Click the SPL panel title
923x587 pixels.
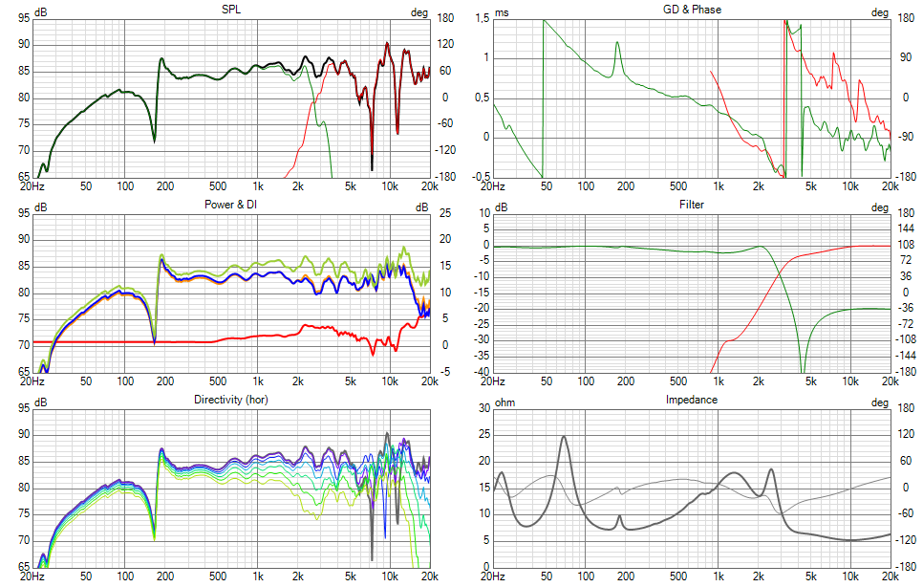tap(231, 10)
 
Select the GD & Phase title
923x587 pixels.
tap(691, 10)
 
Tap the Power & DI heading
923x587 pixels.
tap(231, 204)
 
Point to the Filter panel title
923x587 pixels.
tap(691, 205)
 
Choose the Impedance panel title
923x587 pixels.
tap(691, 400)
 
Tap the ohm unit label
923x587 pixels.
tap(504, 402)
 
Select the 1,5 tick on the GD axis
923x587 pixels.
tap(481, 18)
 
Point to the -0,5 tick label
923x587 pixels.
tap(479, 177)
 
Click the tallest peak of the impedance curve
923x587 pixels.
tap(564, 437)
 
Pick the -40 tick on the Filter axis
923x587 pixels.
tap(480, 371)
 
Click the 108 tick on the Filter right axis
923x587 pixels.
tap(906, 245)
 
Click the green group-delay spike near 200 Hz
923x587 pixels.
tap(617, 43)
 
